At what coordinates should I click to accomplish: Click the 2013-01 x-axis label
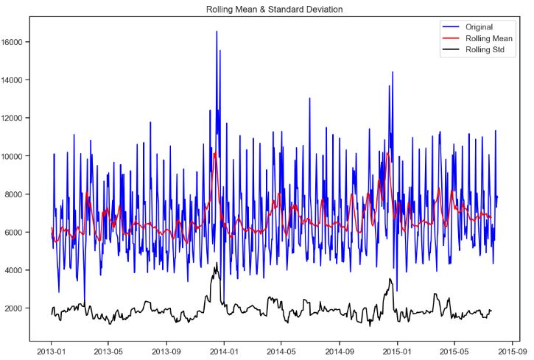coord(52,351)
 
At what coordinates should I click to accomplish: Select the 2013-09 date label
coord(166,351)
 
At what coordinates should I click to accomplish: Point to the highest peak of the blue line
coord(217,32)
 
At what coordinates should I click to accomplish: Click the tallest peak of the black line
coord(217,264)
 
